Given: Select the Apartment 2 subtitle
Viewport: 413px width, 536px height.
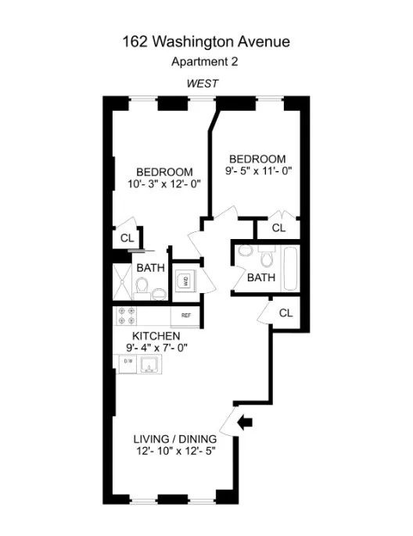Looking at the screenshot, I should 206,61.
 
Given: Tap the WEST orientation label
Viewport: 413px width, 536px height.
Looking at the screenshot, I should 202,82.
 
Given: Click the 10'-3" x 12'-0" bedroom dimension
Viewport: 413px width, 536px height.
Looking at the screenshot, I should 164,185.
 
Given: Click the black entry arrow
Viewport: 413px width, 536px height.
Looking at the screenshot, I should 245,423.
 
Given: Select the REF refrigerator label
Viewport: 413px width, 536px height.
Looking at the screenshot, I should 186,316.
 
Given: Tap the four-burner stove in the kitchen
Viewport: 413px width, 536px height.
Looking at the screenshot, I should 126,315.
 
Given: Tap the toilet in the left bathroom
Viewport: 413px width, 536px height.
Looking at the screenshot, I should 141,288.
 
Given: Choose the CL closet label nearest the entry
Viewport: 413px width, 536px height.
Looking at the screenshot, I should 286,313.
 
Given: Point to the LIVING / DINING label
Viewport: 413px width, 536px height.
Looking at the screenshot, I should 174,438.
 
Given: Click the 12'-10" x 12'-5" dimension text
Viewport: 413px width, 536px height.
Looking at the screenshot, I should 174,451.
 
